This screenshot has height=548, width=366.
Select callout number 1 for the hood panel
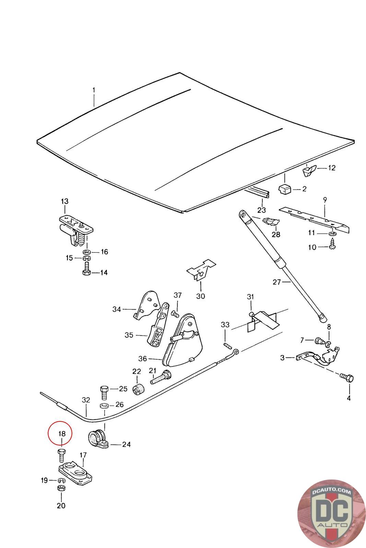[94, 91]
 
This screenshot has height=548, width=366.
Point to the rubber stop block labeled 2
[284, 188]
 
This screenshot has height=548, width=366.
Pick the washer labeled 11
[332, 234]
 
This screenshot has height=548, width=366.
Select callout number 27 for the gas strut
[276, 282]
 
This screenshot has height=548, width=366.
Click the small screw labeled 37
[175, 313]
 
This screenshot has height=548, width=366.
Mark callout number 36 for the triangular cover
[142, 359]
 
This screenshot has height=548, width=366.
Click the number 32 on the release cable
[86, 400]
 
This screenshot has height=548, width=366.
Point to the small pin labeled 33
[227, 345]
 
